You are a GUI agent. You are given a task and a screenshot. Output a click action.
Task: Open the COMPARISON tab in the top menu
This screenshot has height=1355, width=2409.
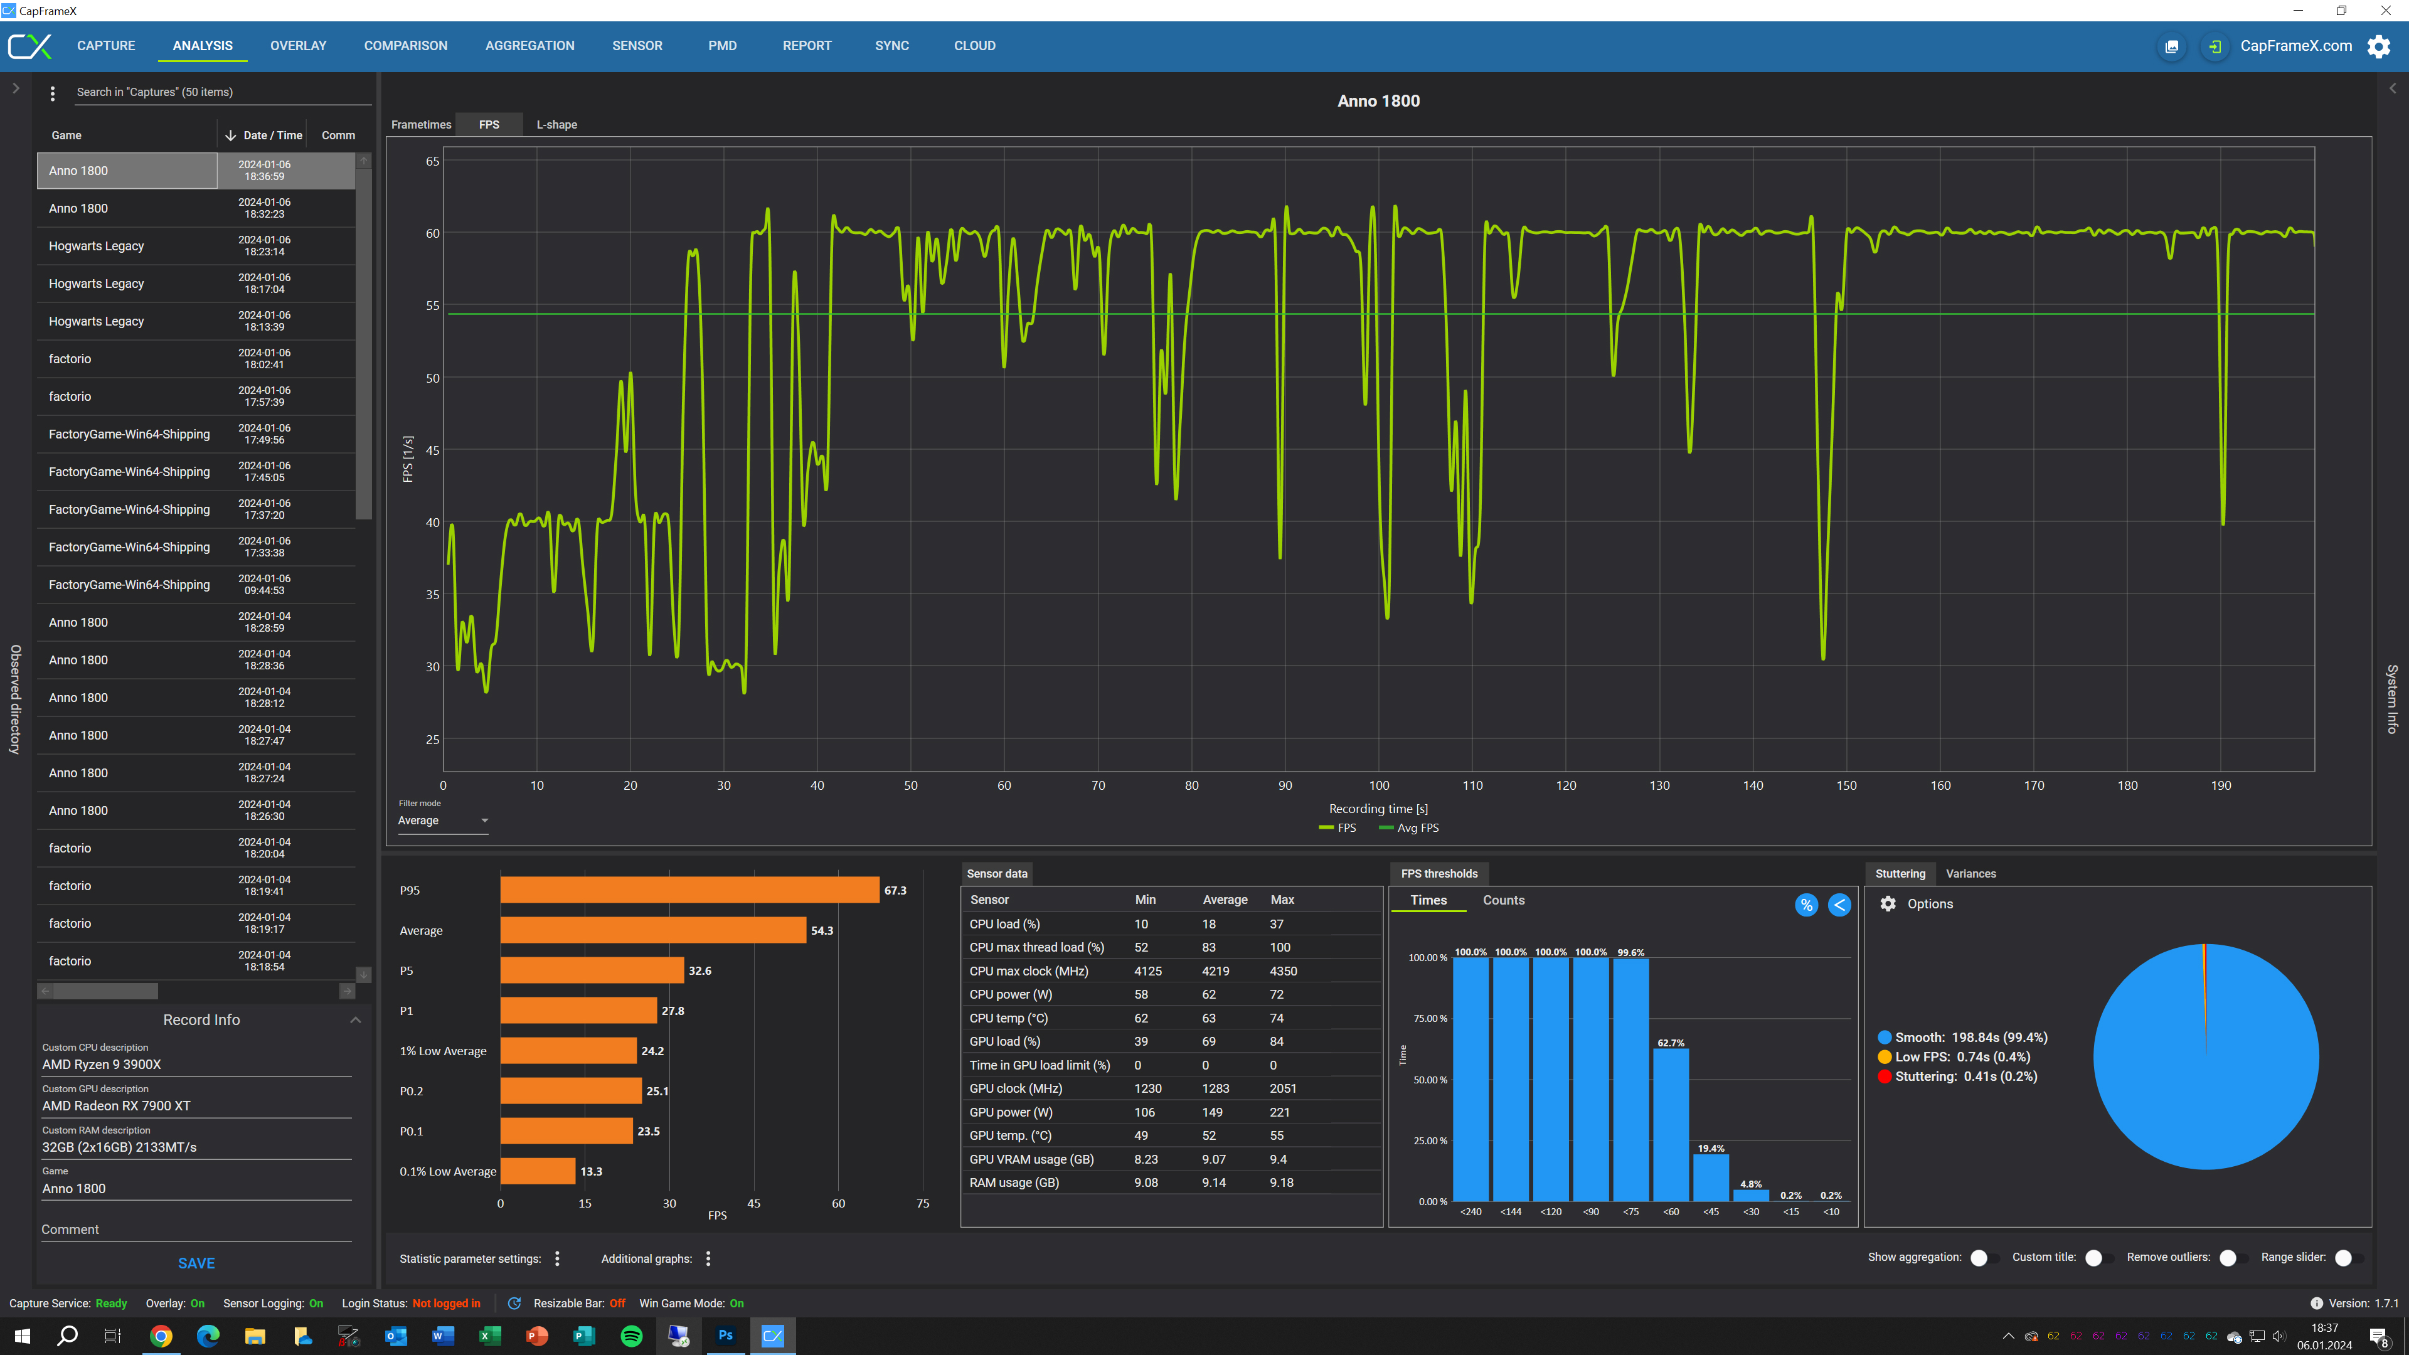pos(405,46)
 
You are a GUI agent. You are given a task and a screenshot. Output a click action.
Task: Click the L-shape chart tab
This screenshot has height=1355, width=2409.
pos(556,124)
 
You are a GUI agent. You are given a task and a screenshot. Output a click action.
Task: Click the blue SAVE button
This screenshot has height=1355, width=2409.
pos(196,1263)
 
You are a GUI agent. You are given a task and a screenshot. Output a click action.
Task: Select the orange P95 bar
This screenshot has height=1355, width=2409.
pos(689,890)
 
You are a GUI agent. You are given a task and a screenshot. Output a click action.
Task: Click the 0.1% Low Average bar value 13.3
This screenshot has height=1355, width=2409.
pos(591,1172)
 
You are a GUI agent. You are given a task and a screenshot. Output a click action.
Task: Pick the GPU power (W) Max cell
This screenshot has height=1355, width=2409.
pos(1279,1112)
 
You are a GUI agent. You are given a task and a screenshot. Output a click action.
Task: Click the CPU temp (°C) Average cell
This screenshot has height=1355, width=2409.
pos(1208,1018)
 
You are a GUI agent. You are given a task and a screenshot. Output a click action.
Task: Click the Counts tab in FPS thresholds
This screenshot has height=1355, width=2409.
pos(1503,901)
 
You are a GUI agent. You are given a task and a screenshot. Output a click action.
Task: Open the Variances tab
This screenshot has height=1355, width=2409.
pos(1970,873)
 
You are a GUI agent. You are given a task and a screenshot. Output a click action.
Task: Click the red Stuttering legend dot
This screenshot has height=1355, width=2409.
pos(1885,1076)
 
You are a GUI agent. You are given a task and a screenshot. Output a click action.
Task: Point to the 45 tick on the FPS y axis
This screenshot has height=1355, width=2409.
pos(432,451)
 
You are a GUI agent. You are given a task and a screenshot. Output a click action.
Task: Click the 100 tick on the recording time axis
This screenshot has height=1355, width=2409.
pos(1378,785)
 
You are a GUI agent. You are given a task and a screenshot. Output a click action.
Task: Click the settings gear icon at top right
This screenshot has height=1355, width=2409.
pos(2378,46)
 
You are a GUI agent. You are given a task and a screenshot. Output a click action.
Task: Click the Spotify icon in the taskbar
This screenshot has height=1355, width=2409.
pos(631,1336)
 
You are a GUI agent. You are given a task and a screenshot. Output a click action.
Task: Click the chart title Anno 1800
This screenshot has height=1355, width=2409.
pos(1378,101)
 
